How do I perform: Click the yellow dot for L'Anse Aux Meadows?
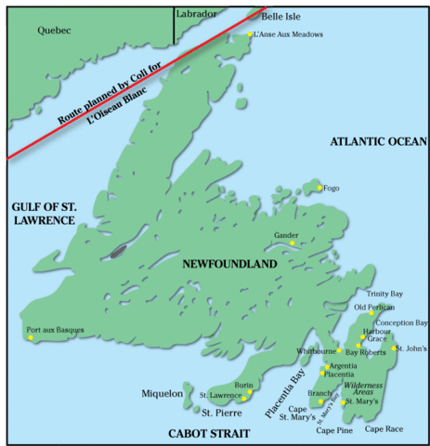coord(251,35)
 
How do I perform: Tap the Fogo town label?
coord(331,189)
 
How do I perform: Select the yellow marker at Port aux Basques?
coord(31,337)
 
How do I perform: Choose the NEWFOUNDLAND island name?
coord(229,265)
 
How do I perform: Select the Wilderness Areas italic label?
coord(364,388)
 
